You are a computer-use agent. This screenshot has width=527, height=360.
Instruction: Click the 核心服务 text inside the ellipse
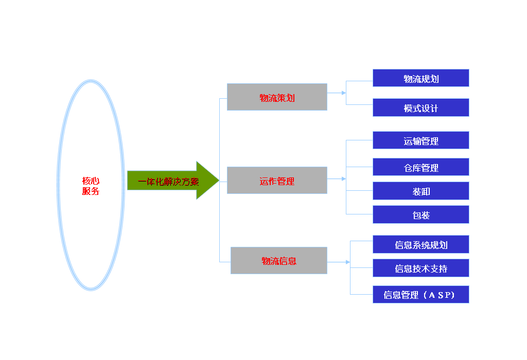click(91, 186)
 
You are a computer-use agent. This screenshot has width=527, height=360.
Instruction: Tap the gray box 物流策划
click(277, 97)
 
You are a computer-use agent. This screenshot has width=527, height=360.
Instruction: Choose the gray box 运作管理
click(277, 181)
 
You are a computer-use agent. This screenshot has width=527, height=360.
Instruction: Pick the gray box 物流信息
click(278, 261)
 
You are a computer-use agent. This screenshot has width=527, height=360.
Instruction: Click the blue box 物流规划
click(421, 78)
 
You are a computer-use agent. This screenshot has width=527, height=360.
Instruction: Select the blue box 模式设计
click(421, 107)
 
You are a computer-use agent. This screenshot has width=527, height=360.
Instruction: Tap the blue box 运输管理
click(421, 140)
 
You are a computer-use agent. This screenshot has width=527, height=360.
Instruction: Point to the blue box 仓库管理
click(421, 167)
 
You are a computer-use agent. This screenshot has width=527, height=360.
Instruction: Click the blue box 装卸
click(421, 191)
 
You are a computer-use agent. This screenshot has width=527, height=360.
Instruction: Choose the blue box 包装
click(421, 214)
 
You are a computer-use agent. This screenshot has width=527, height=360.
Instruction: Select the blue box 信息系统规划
click(421, 244)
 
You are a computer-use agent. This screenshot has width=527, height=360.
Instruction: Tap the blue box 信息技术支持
click(421, 267)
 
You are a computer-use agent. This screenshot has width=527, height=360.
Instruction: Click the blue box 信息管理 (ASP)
click(421, 295)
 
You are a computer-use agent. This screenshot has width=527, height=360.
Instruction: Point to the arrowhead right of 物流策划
click(344, 93)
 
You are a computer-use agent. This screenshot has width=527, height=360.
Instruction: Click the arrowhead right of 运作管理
click(344, 178)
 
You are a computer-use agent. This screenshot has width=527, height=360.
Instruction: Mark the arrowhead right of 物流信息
click(348, 262)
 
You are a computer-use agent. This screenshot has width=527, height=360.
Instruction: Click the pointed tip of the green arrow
click(219, 181)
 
